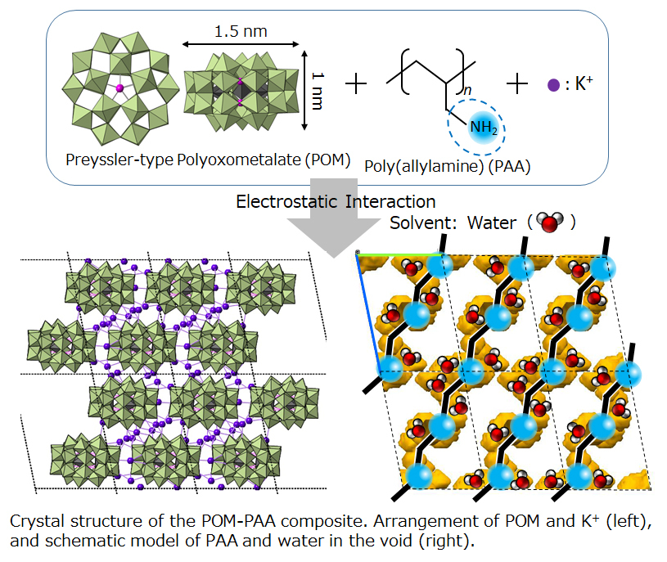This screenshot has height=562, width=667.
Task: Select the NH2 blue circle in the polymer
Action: pyautogui.click(x=477, y=128)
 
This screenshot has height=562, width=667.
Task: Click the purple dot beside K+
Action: pyautogui.click(x=553, y=83)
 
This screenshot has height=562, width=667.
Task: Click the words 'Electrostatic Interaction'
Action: pyautogui.click(x=335, y=200)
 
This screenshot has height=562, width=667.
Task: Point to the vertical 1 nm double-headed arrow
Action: pyautogui.click(x=305, y=89)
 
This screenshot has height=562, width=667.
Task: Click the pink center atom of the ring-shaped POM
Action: pyautogui.click(x=119, y=88)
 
